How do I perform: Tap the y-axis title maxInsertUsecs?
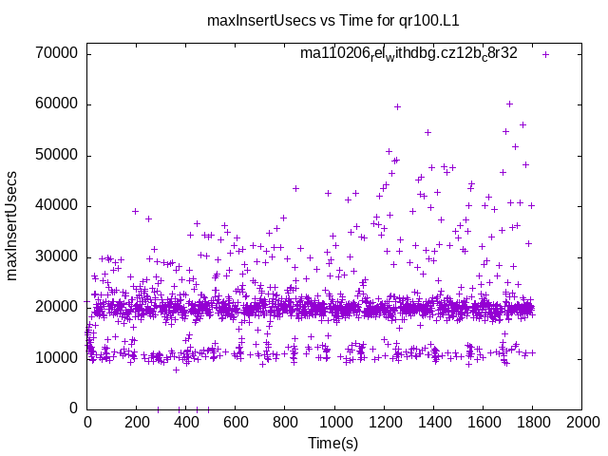tap(12, 225)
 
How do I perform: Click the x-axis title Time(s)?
tap(333, 444)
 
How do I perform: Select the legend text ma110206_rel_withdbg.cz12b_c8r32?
tap(408, 53)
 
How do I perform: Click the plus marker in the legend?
tap(545, 54)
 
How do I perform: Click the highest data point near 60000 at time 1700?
tap(509, 104)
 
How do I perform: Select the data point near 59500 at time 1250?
tap(397, 106)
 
